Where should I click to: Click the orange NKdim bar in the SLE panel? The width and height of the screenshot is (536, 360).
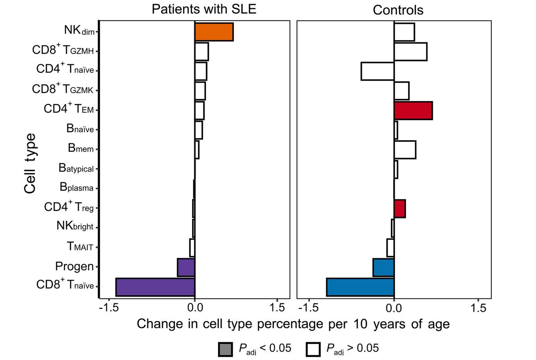click(214, 32)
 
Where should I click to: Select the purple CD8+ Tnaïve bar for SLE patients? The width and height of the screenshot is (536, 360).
click(155, 287)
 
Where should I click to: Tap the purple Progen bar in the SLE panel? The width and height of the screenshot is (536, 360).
click(186, 267)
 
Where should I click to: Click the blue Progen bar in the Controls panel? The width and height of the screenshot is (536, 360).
click(383, 267)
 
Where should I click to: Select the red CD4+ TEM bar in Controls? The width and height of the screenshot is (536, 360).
click(413, 110)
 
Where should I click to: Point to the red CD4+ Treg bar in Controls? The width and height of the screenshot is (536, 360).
click(400, 209)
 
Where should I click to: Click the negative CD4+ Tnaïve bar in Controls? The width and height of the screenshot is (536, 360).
click(377, 71)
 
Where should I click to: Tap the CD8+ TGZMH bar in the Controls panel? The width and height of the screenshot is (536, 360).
click(410, 52)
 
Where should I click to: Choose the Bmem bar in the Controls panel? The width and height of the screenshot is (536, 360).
click(405, 150)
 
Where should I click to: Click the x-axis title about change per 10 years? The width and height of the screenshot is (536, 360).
click(293, 324)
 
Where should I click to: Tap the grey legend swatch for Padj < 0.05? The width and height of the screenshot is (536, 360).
click(225, 349)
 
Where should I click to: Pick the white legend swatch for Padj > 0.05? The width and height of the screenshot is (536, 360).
click(314, 349)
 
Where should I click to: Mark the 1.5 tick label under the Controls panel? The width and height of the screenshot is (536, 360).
click(478, 307)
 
